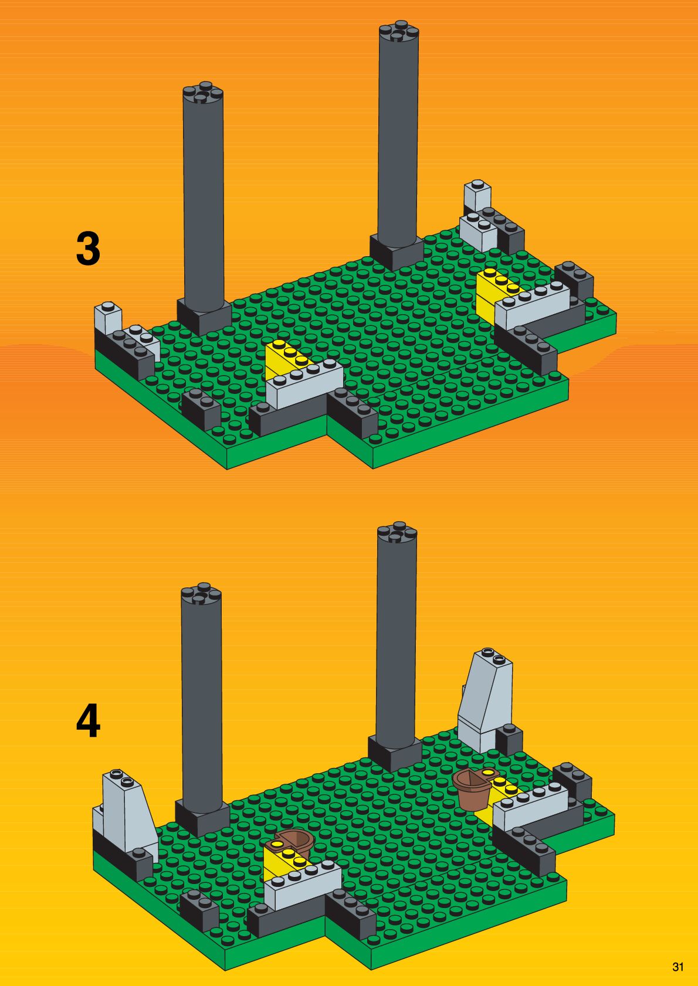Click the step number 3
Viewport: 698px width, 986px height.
click(88, 249)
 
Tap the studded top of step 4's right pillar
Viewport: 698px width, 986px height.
click(397, 533)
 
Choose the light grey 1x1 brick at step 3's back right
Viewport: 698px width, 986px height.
click(477, 195)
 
